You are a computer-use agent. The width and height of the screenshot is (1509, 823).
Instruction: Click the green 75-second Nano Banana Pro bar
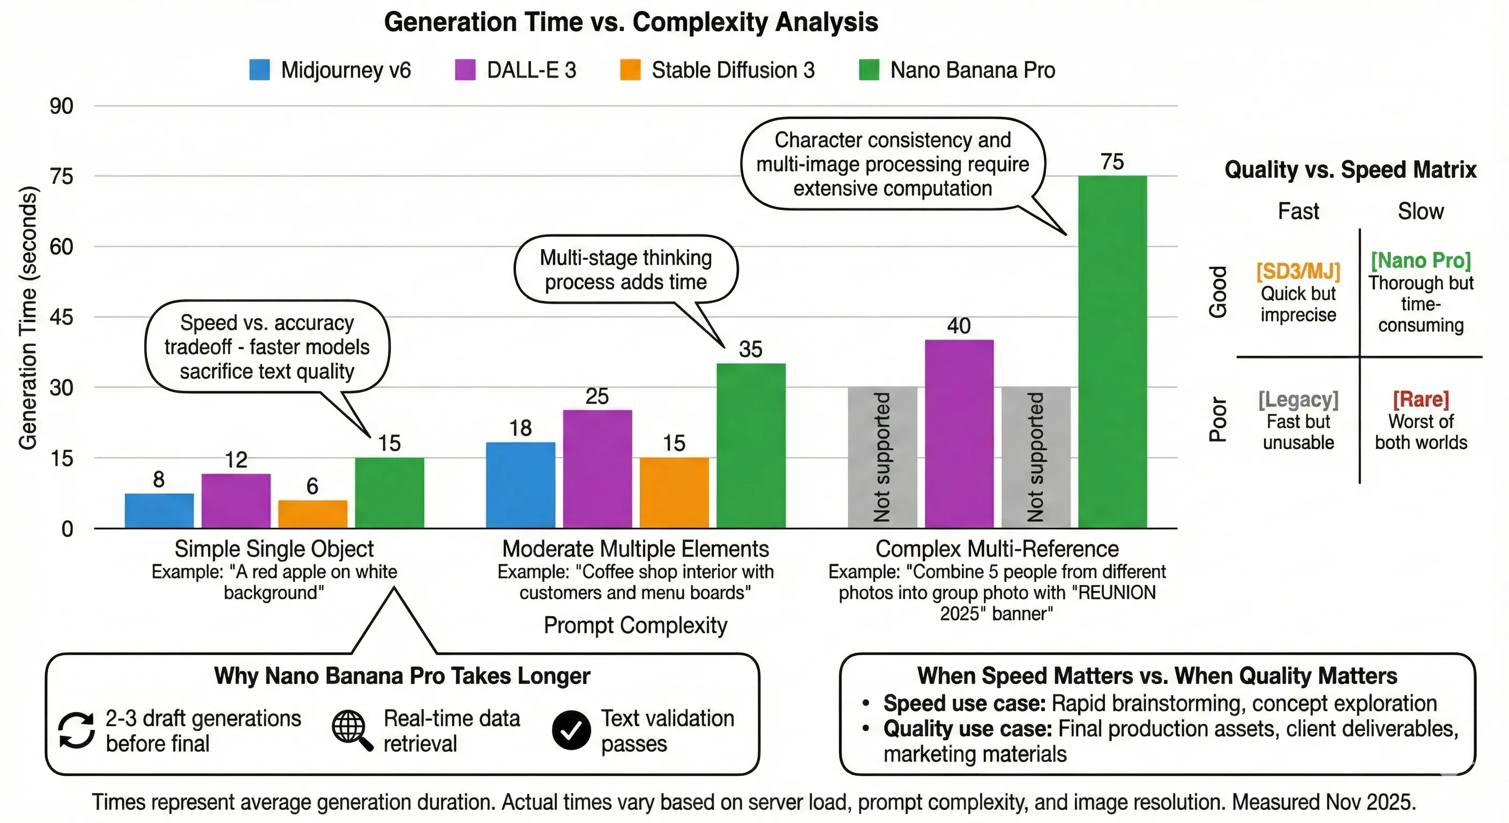coord(1112,351)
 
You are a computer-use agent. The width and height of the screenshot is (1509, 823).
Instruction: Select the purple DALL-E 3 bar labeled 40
coord(959,433)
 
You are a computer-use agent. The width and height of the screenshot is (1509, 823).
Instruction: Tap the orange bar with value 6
coord(312,514)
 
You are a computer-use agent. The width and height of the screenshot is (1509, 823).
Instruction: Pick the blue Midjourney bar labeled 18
coord(520,485)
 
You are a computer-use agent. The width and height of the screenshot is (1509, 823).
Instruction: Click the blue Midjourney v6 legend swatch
coord(259,70)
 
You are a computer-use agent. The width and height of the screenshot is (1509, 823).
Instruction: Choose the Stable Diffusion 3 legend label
coord(733,70)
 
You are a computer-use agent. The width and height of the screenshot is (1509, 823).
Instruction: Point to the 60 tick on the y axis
coord(61,246)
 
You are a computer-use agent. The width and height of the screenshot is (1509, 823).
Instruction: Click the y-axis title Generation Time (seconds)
coord(28,318)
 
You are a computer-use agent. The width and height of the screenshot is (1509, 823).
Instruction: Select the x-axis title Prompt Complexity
coord(635,625)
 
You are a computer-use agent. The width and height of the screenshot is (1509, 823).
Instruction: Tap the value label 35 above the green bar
coord(750,350)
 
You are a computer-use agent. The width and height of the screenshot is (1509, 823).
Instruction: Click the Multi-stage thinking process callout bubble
coord(626,270)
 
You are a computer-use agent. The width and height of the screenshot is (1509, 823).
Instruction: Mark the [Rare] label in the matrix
coord(1421,400)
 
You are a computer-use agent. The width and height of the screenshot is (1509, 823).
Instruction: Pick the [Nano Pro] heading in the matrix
coord(1421,260)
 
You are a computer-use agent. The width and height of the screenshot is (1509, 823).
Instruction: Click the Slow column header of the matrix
coord(1421,211)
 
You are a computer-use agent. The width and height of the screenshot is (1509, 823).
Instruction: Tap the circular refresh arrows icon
coord(76,730)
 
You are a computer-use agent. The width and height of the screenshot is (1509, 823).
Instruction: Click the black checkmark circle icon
coord(571,730)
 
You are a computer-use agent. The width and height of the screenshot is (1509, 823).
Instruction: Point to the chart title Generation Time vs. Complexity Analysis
coord(631,23)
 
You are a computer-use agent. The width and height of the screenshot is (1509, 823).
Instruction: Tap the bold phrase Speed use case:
coord(964,703)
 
